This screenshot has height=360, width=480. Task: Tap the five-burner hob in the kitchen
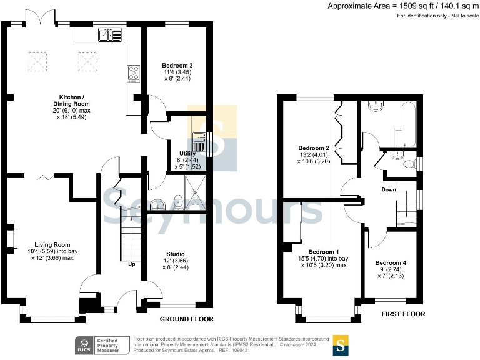pyautogui.click(x=133, y=73)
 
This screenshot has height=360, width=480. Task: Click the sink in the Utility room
pyautogui.click(x=199, y=139)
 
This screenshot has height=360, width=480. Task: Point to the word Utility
pyautogui.click(x=187, y=153)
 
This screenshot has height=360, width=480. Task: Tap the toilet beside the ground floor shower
pyautogui.click(x=177, y=201)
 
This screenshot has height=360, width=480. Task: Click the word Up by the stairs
pyautogui.click(x=131, y=264)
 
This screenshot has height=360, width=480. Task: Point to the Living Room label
pyautogui.click(x=52, y=245)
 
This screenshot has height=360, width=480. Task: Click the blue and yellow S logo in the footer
pyautogui.click(x=341, y=345)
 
